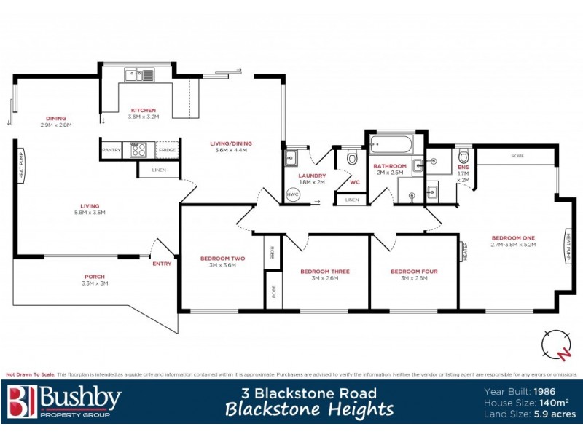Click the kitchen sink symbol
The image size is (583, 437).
click(x=139, y=74)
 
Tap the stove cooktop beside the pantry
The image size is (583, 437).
click(x=138, y=150)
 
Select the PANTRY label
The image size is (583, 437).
click(x=111, y=150)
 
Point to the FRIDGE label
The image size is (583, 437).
click(x=167, y=150)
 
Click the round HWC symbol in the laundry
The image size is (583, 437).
click(x=293, y=195)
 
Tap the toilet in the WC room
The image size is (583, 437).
click(x=352, y=157)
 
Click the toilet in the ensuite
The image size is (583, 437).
click(x=463, y=156)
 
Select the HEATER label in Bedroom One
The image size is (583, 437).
click(x=464, y=252)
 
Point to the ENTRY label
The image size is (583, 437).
click(x=162, y=264)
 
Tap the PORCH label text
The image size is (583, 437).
click(x=95, y=277)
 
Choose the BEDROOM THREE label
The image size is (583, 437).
click(x=325, y=272)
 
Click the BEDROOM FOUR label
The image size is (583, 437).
click(x=414, y=272)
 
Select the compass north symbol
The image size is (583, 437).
click(x=557, y=344)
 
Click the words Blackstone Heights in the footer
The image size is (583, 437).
click(x=310, y=409)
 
